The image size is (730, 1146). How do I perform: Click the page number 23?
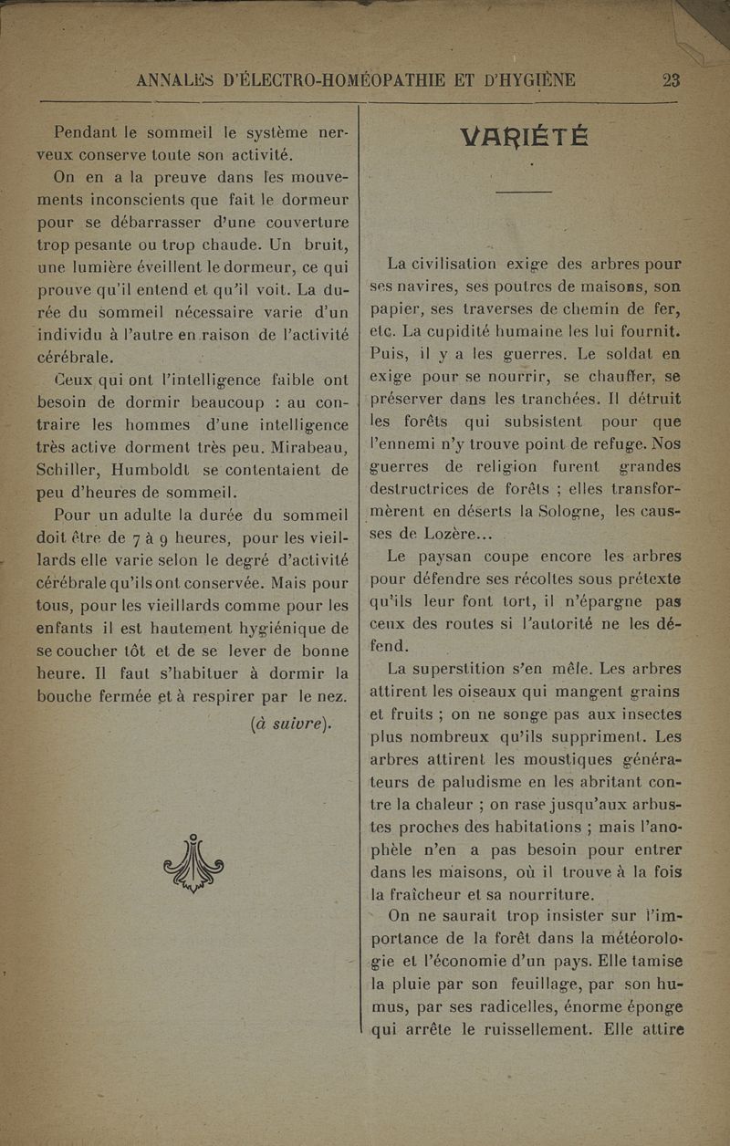672,80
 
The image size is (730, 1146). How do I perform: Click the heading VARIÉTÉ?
525,138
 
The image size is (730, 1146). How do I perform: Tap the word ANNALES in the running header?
177,81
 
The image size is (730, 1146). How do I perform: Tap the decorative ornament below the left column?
193,862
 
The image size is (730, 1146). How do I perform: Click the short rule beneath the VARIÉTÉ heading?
525,192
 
